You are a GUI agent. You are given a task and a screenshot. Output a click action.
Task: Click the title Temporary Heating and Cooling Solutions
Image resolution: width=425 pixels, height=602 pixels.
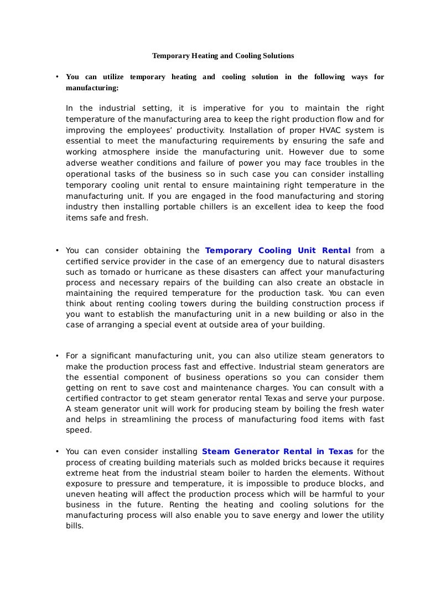[x=223, y=56]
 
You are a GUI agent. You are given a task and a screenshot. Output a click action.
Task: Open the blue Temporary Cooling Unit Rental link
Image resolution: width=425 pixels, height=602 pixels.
[x=278, y=250]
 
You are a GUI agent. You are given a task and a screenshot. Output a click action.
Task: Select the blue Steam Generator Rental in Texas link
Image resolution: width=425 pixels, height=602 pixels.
[x=277, y=451]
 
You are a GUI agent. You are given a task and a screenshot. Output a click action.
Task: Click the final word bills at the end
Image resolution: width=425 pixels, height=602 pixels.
[x=74, y=526]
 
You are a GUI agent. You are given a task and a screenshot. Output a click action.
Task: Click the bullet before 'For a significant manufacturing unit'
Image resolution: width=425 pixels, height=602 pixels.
[x=57, y=356]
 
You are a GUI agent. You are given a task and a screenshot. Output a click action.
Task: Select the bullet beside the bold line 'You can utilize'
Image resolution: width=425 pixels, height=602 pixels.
[x=57, y=77]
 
